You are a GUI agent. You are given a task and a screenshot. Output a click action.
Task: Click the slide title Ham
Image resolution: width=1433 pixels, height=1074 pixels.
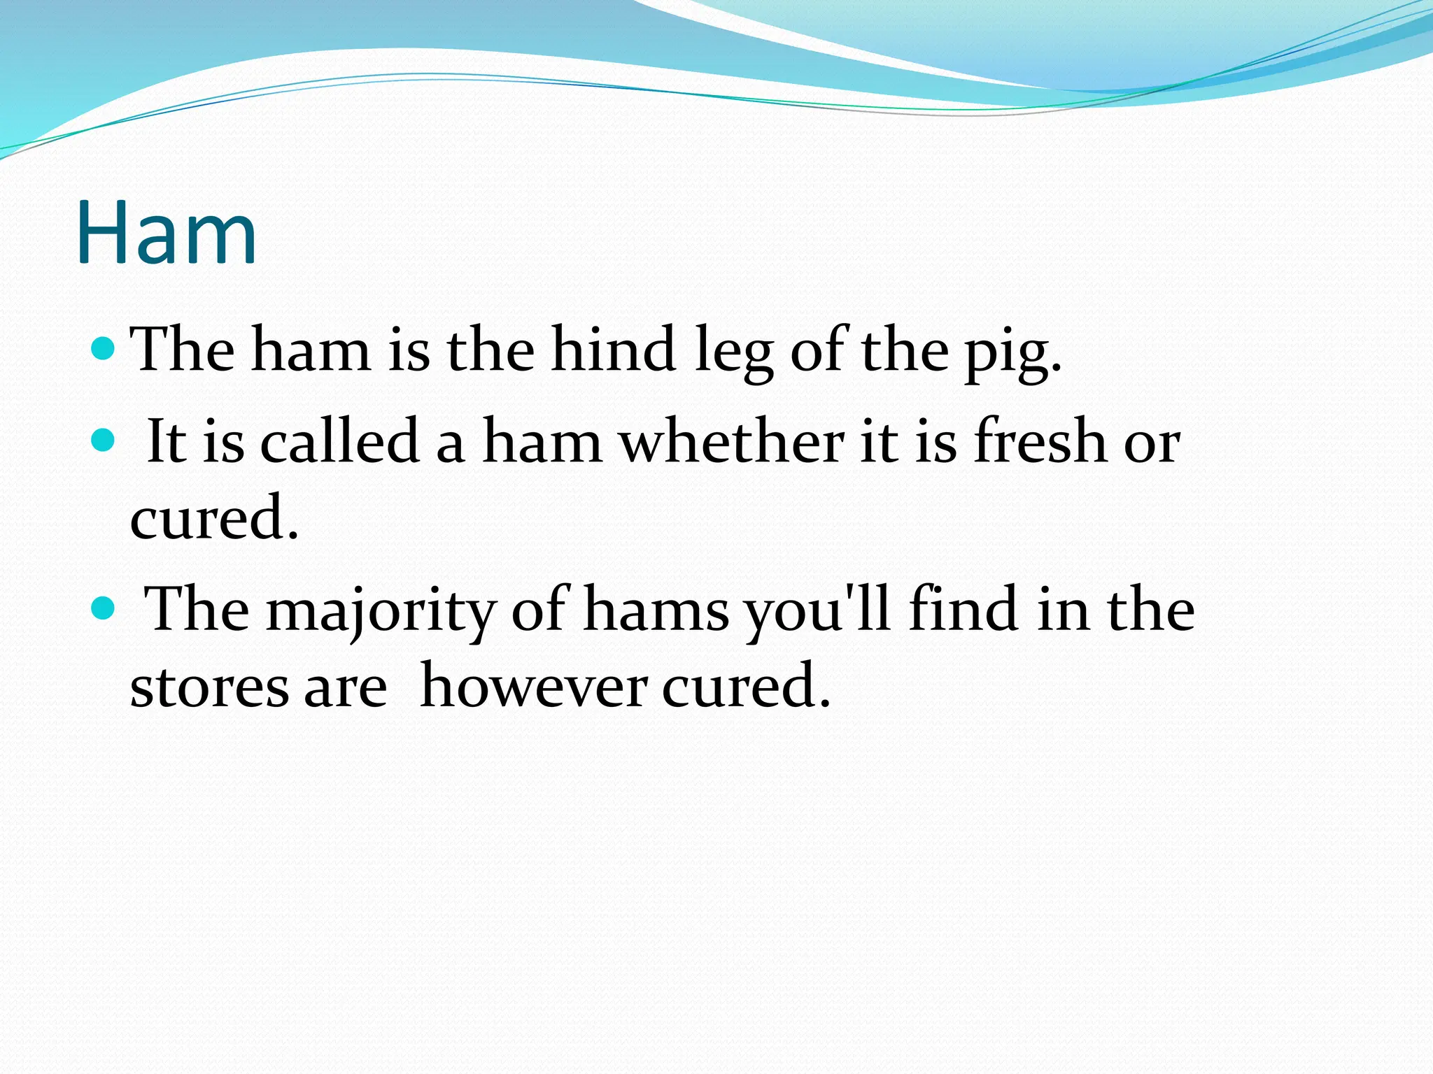167,232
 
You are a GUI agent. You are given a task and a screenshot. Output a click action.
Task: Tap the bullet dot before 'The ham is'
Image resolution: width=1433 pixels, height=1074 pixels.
103,348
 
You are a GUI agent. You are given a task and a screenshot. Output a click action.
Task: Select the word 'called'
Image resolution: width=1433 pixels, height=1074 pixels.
339,441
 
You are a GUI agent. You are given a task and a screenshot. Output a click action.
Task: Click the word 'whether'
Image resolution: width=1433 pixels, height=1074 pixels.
732,441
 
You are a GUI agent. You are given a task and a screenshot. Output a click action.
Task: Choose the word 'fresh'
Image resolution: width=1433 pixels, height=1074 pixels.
1040,441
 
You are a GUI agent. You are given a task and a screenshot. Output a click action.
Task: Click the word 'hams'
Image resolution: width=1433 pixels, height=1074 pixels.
656,609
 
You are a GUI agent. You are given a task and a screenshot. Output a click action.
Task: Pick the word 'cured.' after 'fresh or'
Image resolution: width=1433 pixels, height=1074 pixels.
214,517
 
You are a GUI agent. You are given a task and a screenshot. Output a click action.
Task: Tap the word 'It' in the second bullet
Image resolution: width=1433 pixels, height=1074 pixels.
167,441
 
